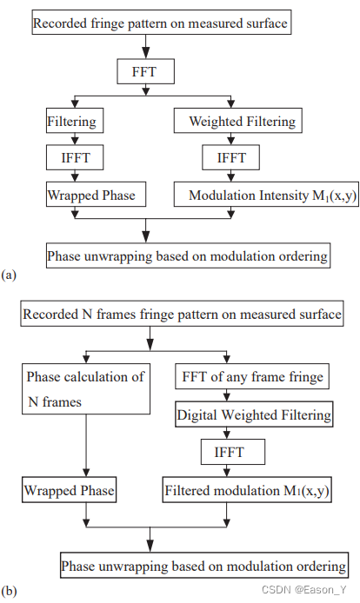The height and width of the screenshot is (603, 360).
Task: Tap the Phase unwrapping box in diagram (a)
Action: tap(188, 256)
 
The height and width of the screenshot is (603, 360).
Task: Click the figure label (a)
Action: tap(10, 275)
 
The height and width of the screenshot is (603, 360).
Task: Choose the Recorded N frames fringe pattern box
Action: tap(181, 313)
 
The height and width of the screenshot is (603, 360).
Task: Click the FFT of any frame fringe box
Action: tap(252, 377)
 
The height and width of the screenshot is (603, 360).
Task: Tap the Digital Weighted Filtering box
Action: tap(254, 414)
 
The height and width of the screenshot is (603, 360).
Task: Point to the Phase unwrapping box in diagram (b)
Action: tap(204, 566)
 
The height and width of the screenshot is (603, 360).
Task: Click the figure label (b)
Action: tap(10, 591)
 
